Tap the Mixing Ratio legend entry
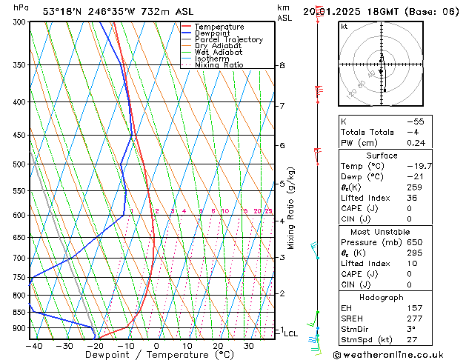(219, 65)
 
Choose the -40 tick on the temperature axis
(33, 346)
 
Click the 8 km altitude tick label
(282, 65)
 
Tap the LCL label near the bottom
(290, 334)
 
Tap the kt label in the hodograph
(344, 26)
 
